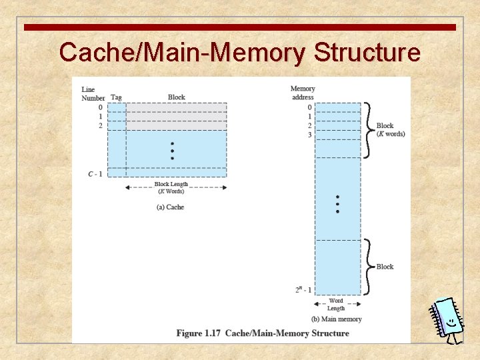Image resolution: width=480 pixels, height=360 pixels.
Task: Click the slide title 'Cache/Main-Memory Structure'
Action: pyautogui.click(x=239, y=52)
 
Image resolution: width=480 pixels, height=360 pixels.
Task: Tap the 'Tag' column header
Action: pyautogui.click(x=116, y=97)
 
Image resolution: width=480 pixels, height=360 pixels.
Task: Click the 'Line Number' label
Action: pyautogui.click(x=93, y=93)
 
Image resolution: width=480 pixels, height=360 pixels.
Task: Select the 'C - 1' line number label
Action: pyautogui.click(x=95, y=174)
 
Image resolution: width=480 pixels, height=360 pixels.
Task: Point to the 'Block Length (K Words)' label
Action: pyautogui.click(x=171, y=187)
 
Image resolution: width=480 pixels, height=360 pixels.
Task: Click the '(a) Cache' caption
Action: pyautogui.click(x=170, y=207)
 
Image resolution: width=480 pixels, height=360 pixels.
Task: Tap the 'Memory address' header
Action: pyautogui.click(x=303, y=93)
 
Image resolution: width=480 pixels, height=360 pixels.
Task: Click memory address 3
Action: pyautogui.click(x=309, y=135)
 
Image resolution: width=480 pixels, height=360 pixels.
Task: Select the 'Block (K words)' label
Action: pyautogui.click(x=390, y=129)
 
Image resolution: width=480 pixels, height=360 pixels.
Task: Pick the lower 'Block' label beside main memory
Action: pyautogui.click(x=385, y=267)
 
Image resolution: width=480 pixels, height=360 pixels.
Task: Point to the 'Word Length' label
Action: pyautogui.click(x=336, y=304)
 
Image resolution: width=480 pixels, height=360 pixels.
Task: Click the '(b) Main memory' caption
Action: pyautogui.click(x=337, y=319)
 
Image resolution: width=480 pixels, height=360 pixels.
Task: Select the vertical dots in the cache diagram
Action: pyautogui.click(x=172, y=151)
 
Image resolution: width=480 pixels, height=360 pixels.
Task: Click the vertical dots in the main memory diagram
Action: pyautogui.click(x=337, y=204)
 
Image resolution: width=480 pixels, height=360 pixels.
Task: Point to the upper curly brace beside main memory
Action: pyautogui.click(x=369, y=129)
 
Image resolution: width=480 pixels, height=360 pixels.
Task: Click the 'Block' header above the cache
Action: pyautogui.click(x=177, y=97)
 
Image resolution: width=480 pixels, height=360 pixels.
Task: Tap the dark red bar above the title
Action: pyautogui.click(x=239, y=27)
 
